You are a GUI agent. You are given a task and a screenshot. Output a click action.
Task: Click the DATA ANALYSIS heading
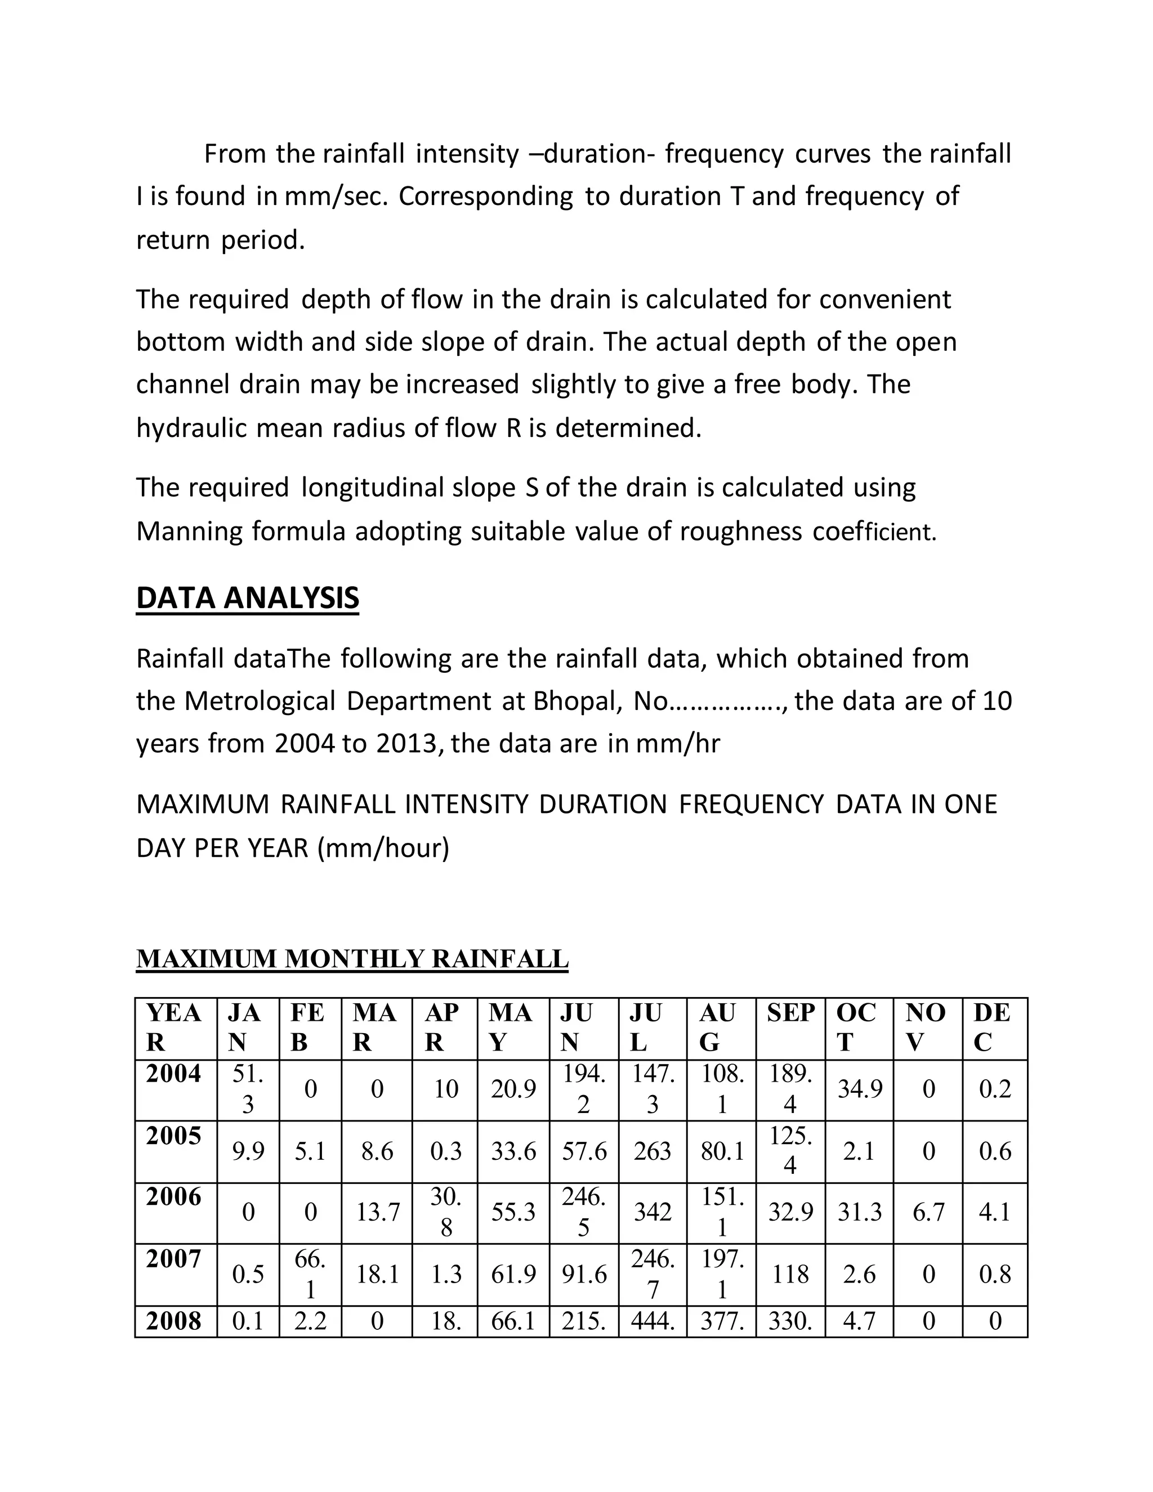click(x=247, y=598)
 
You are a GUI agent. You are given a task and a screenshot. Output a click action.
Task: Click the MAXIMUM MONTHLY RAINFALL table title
click(x=352, y=959)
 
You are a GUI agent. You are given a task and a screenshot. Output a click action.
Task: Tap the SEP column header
click(x=790, y=1012)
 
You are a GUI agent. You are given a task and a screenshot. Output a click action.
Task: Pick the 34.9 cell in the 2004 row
click(x=859, y=1089)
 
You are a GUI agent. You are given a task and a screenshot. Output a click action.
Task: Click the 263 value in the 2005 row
click(x=653, y=1152)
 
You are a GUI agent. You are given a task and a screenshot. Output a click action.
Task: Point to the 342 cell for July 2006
click(x=653, y=1213)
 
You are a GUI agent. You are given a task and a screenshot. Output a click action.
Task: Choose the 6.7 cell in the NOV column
click(x=928, y=1213)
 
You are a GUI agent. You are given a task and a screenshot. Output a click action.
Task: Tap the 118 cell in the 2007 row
click(x=790, y=1274)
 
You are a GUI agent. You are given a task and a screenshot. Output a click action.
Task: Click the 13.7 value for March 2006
click(x=377, y=1213)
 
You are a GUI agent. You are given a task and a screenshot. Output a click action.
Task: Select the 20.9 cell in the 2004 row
click(x=513, y=1089)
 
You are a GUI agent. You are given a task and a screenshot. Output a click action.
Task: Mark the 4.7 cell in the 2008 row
click(x=859, y=1321)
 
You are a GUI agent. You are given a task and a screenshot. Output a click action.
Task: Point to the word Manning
click(x=189, y=531)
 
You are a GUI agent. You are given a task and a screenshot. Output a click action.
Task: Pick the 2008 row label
click(x=173, y=1321)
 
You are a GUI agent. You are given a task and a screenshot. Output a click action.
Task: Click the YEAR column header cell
click(x=173, y=1028)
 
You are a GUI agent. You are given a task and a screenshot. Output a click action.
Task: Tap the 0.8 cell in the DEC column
click(x=995, y=1274)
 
